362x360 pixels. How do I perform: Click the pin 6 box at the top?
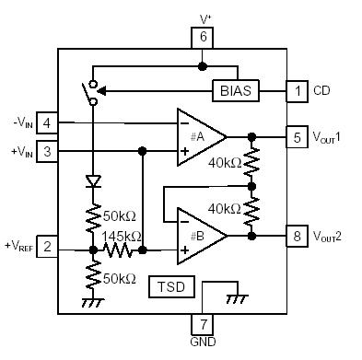[202, 37]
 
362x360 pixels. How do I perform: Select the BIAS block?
[236, 91]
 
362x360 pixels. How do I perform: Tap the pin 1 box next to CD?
[297, 91]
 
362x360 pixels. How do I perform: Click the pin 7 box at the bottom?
[202, 323]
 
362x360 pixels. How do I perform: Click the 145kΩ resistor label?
[123, 235]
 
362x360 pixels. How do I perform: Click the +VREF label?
[18, 247]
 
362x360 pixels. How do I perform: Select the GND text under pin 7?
[202, 343]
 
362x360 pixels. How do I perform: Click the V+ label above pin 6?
[204, 16]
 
